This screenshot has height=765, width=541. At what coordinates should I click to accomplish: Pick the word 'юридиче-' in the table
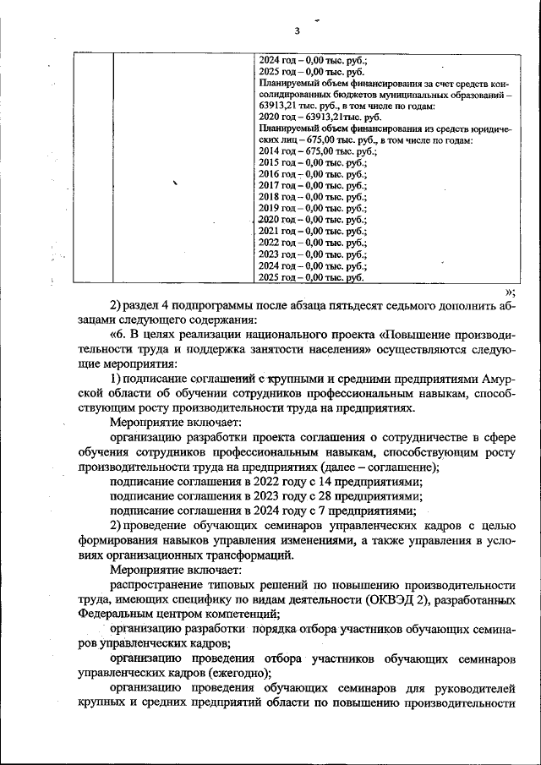pyautogui.click(x=491, y=128)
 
